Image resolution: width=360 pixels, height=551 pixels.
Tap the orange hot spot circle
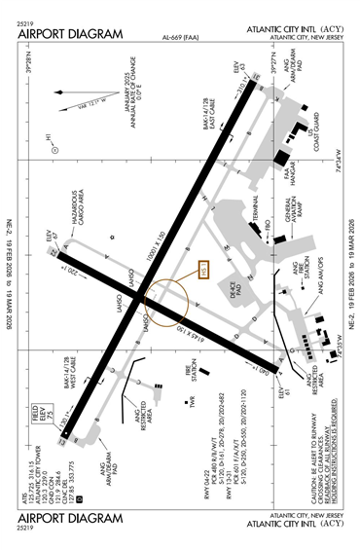161,304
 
